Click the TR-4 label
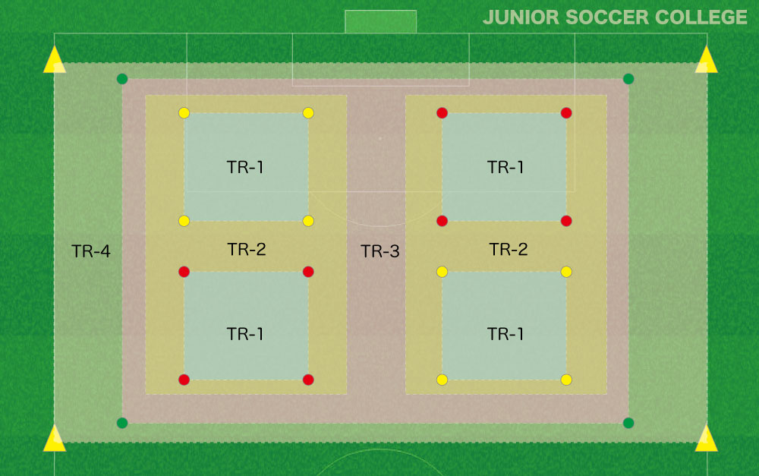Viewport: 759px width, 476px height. coord(91,251)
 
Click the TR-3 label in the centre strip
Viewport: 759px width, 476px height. coord(380,251)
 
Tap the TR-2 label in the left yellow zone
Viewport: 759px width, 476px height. coord(247,249)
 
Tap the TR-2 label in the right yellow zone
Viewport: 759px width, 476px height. coord(509,249)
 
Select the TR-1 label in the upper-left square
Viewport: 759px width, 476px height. coord(245,167)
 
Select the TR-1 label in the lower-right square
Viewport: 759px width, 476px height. coord(505,334)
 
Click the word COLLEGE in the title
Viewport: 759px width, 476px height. coord(701,17)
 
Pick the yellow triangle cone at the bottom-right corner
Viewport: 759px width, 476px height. coord(706,440)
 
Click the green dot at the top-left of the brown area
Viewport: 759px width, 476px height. coord(122,79)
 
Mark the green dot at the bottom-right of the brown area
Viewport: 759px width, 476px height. coord(628,423)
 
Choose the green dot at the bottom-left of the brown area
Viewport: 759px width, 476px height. coord(122,423)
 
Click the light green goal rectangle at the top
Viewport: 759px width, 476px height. coord(380,22)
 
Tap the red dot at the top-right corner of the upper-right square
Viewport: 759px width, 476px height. coord(566,113)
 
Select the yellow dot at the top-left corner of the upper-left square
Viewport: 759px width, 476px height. coord(184,113)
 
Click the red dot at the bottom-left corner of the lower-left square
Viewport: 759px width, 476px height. coord(184,380)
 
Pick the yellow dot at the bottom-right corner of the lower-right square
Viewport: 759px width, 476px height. coord(566,380)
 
